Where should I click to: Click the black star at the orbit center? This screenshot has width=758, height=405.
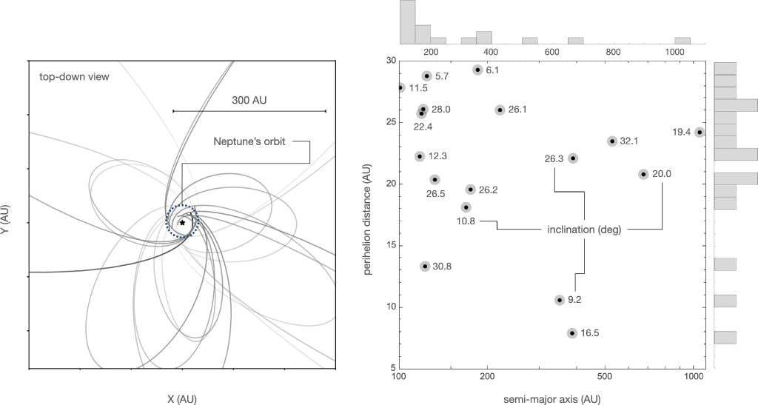click(x=182, y=222)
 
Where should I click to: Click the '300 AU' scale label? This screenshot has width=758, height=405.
click(x=249, y=97)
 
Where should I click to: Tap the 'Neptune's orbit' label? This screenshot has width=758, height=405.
click(x=249, y=141)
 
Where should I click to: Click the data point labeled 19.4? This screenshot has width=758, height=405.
click(x=700, y=133)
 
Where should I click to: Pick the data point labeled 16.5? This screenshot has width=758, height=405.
click(x=572, y=333)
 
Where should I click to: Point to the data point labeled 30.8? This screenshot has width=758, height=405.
click(x=425, y=267)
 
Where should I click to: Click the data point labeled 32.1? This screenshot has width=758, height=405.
click(x=612, y=141)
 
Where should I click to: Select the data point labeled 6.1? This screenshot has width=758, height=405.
click(x=477, y=70)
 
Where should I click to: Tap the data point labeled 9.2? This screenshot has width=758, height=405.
click(x=560, y=300)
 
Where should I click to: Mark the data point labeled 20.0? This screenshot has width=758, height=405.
click(x=643, y=174)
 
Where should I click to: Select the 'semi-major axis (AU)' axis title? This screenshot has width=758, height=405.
click(x=552, y=399)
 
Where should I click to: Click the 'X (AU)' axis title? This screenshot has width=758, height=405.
click(x=181, y=398)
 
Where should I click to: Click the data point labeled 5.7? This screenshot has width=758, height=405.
click(x=427, y=76)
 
